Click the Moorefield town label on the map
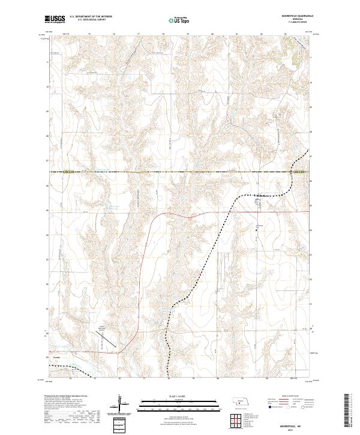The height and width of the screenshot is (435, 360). click(264, 194)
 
